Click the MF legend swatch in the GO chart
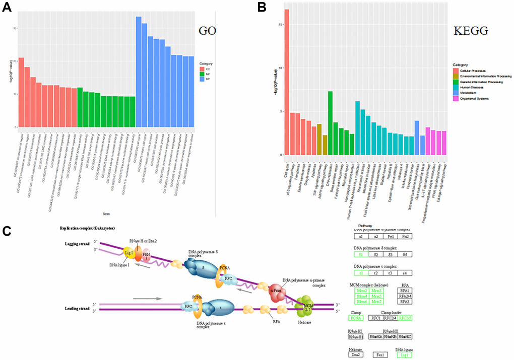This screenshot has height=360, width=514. pyautogui.click(x=202, y=75)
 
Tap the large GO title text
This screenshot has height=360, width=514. pyautogui.click(x=207, y=31)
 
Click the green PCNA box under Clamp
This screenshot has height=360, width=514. pyautogui.click(x=357, y=318)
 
